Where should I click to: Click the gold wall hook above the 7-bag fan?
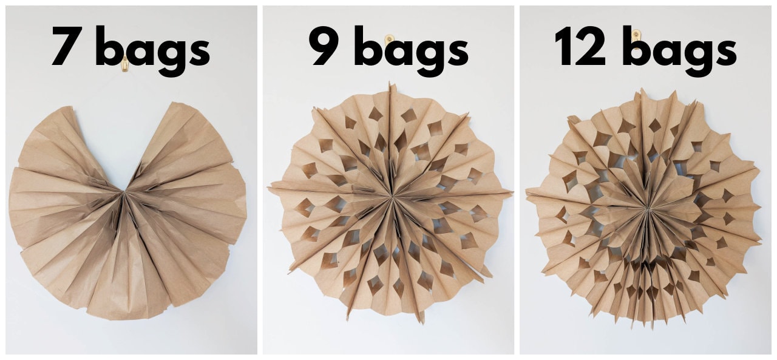tap(124, 64)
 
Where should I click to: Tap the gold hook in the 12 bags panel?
tap(636, 35)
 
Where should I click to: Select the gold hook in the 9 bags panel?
tap(390, 40)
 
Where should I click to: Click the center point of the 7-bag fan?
tap(124, 193)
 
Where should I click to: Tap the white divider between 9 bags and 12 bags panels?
tap(517, 182)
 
